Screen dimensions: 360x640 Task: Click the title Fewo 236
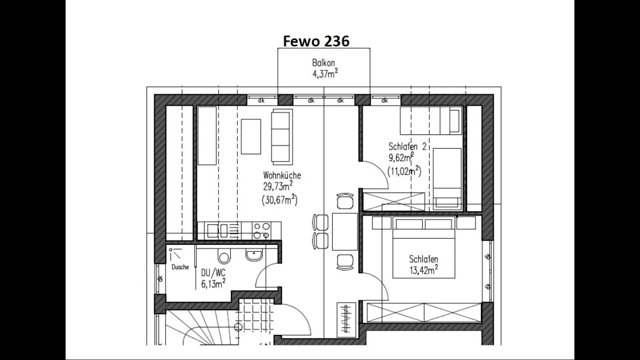(x=316, y=41)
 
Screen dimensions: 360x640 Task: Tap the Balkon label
(x=323, y=63)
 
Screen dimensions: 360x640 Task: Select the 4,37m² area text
(x=325, y=74)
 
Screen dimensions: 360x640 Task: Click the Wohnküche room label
(x=282, y=175)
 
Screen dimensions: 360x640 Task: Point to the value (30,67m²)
(x=279, y=200)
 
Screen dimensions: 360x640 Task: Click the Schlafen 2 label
(x=407, y=147)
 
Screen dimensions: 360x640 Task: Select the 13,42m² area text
(x=423, y=270)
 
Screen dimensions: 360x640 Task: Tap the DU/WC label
(x=213, y=273)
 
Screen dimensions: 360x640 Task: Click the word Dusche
(x=180, y=267)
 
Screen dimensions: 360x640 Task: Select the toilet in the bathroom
(x=224, y=256)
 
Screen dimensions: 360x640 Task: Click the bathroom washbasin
(x=254, y=254)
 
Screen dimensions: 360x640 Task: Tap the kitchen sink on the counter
(x=218, y=231)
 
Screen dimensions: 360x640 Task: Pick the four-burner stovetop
(x=262, y=231)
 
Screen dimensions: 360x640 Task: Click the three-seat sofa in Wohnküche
(x=281, y=137)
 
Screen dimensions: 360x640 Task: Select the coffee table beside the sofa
(x=251, y=136)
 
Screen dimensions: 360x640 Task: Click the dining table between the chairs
(x=345, y=232)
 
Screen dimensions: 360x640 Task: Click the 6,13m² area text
(x=213, y=284)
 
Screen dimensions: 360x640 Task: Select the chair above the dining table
(x=345, y=201)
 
